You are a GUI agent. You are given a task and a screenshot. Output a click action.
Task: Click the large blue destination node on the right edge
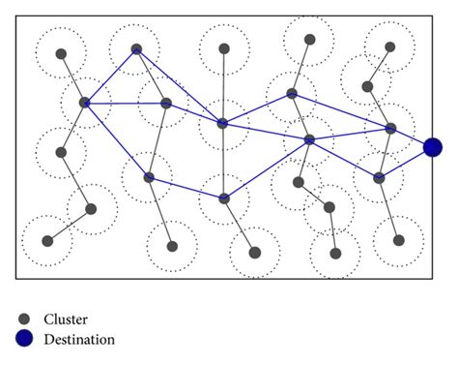[433, 147]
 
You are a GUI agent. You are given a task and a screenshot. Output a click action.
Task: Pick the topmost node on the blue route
[136, 48]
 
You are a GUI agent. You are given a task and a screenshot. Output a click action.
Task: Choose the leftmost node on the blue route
[84, 102]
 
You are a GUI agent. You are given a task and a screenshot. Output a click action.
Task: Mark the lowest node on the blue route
[224, 198]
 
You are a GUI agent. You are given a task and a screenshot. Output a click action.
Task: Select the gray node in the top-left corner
[61, 54]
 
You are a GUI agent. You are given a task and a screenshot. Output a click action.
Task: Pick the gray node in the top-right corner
[390, 46]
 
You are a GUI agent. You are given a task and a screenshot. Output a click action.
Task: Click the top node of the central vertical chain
[224, 48]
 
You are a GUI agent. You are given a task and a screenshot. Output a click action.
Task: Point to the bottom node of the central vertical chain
[255, 253]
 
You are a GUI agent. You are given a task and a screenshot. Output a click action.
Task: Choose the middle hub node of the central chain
[222, 123]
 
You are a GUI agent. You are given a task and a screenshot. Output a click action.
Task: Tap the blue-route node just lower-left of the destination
[380, 177]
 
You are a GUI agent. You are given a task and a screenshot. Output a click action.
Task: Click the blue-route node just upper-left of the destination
[391, 128]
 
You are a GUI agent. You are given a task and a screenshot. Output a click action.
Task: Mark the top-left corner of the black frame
[16, 17]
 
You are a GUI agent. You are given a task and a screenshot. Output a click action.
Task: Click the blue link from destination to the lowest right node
[406, 163]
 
